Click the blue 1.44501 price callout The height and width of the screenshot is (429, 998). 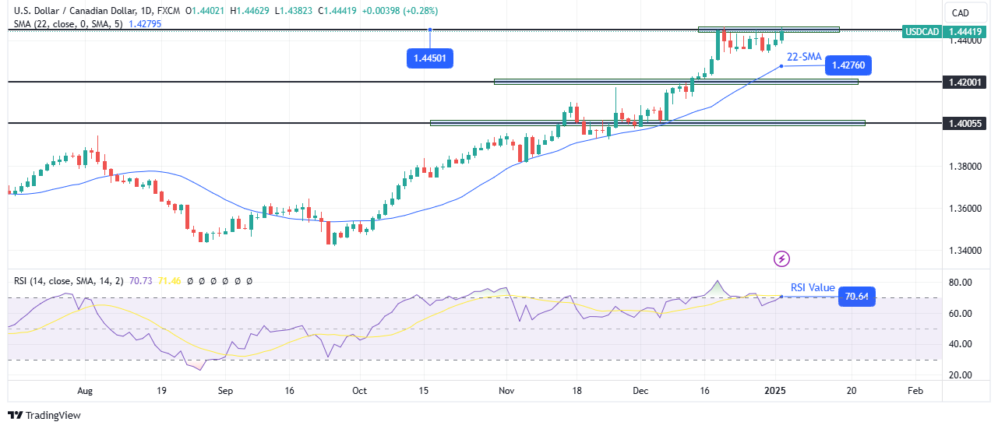[x=430, y=58]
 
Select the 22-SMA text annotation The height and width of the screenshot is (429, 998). [x=804, y=57]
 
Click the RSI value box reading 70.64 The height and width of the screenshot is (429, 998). [x=856, y=297]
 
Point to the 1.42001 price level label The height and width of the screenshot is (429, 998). [x=964, y=82]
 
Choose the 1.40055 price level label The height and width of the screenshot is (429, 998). [x=964, y=123]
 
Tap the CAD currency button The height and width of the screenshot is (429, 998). [x=961, y=12]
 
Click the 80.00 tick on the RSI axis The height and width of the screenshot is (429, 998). [x=959, y=283]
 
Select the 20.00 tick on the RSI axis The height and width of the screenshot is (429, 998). [x=959, y=374]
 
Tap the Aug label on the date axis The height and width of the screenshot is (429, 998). [x=86, y=391]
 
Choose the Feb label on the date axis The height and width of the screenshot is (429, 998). [x=916, y=391]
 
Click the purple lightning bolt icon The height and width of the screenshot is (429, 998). [x=782, y=258]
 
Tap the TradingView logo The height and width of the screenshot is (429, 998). [x=44, y=415]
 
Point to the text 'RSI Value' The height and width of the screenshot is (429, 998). [x=813, y=287]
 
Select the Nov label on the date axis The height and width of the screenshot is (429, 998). [x=506, y=391]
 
